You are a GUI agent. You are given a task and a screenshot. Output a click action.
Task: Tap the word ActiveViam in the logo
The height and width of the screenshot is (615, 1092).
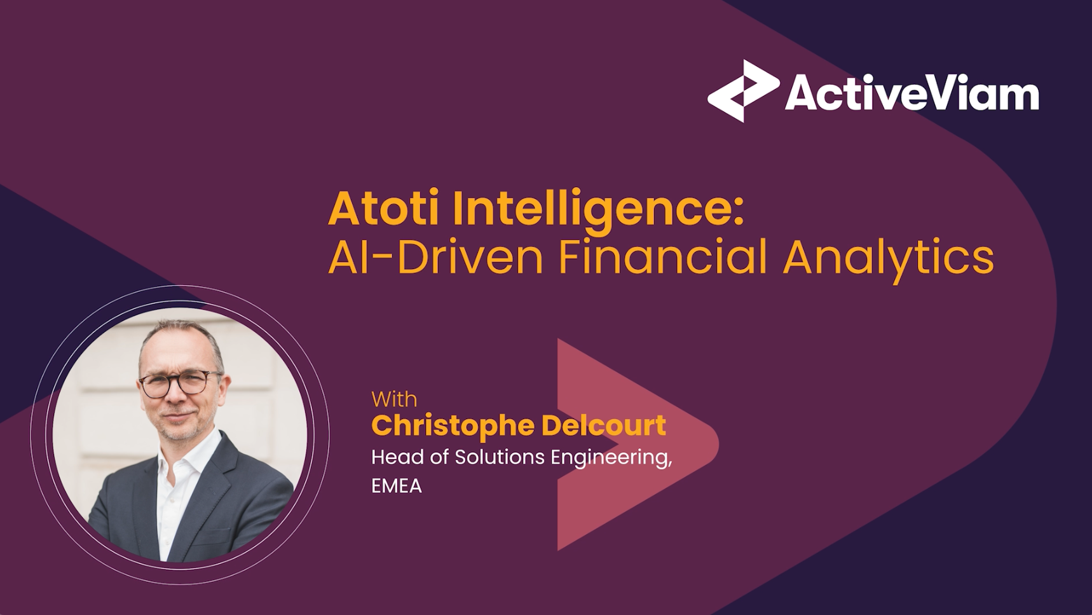pos(911,93)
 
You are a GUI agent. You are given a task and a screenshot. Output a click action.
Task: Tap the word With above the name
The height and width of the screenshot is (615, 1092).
pos(394,399)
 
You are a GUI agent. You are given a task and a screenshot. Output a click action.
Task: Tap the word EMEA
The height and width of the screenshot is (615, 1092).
pos(397,487)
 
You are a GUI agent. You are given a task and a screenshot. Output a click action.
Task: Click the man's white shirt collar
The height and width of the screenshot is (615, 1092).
pos(191,458)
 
